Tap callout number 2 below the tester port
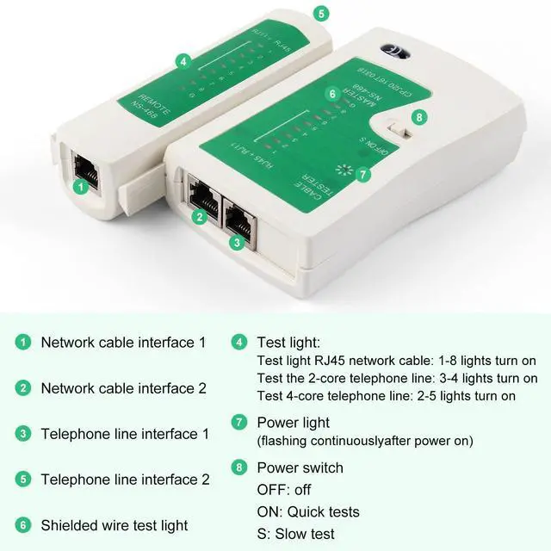(200, 218)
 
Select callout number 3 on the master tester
(237, 243)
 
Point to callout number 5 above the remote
(321, 14)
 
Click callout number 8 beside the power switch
(419, 116)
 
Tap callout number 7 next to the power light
(362, 174)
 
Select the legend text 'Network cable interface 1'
(123, 342)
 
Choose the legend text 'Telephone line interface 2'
(125, 480)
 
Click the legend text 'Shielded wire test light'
(115, 525)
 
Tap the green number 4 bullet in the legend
(238, 342)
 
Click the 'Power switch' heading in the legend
(300, 468)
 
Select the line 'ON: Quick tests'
(308, 512)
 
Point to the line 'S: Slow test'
(295, 535)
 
